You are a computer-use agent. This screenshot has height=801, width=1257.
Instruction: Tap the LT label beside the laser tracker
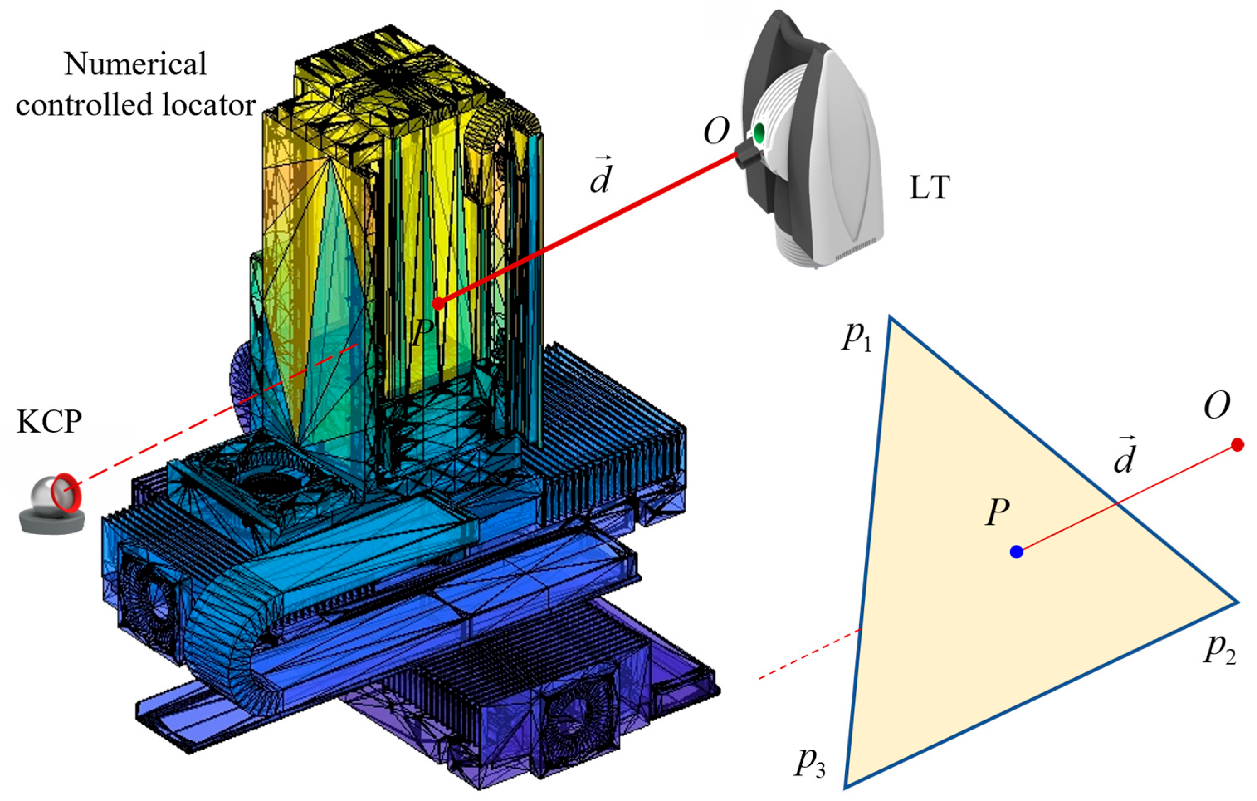point(929,188)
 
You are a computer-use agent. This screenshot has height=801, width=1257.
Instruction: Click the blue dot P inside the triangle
point(1016,552)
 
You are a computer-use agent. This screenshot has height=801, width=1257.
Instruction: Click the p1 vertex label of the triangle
point(857,338)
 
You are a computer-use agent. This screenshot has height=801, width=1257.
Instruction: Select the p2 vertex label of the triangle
point(1219,651)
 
